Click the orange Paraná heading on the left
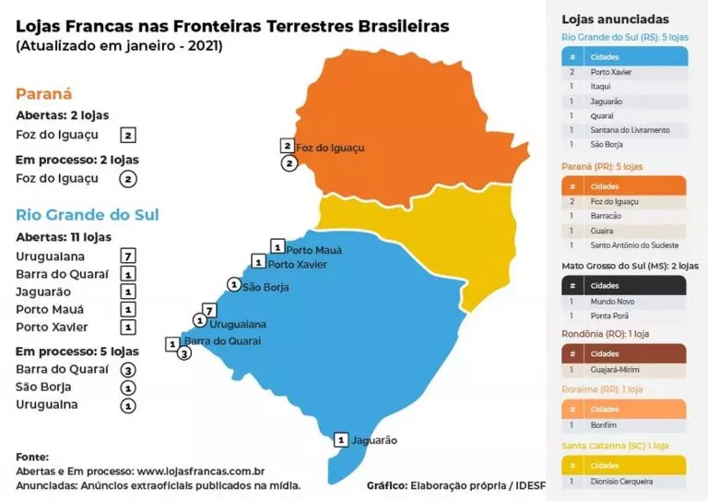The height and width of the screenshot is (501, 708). (x=43, y=94)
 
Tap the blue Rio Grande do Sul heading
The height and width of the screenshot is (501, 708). (x=88, y=214)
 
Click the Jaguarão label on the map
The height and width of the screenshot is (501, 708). (x=373, y=440)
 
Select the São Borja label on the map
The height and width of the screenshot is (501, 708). (x=265, y=287)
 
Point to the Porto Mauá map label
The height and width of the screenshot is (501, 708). (x=313, y=250)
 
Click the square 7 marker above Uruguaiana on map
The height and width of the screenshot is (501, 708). (x=209, y=310)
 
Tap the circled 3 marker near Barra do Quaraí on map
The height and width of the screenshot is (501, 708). (x=184, y=353)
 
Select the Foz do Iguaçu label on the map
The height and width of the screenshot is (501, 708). (x=330, y=148)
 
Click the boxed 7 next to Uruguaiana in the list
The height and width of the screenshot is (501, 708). (x=128, y=256)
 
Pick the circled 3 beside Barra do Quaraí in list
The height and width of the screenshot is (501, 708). (x=128, y=369)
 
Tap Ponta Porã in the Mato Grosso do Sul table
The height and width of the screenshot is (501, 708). (x=609, y=316)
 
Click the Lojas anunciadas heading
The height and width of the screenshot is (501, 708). (x=615, y=18)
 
